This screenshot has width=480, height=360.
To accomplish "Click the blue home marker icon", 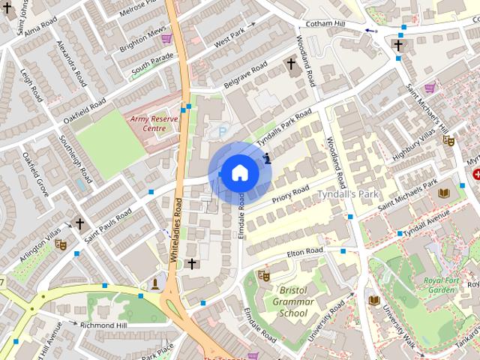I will click(x=239, y=172).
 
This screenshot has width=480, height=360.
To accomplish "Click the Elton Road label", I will click(x=304, y=252).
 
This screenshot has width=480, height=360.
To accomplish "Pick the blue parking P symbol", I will click(x=222, y=132).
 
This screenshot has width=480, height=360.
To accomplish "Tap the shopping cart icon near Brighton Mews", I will click(x=166, y=37).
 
